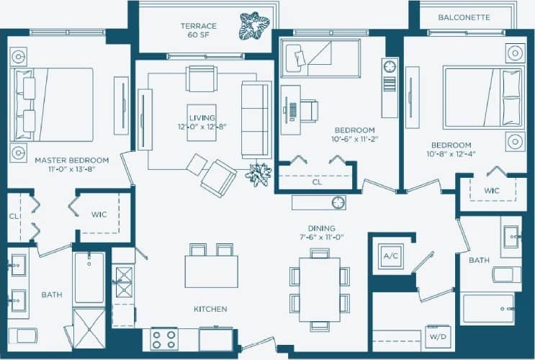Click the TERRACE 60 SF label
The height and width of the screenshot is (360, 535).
[x=198, y=30]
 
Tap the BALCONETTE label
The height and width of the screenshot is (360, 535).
[x=464, y=17]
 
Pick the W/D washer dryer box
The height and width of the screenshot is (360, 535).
[x=436, y=336]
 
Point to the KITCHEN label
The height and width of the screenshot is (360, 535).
[x=210, y=309]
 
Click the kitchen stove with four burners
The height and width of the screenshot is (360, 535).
[x=163, y=338]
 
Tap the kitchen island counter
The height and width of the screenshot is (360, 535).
[x=211, y=271]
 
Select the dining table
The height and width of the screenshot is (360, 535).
[x=319, y=289]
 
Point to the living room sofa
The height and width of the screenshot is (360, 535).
[x=256, y=120]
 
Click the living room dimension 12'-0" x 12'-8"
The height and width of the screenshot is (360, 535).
[x=202, y=127]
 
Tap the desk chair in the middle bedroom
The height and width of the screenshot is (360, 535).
[x=308, y=111]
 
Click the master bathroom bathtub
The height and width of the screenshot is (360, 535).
[x=89, y=278]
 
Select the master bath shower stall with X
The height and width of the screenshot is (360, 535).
[x=89, y=328]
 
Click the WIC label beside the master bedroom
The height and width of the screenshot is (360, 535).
[x=99, y=215]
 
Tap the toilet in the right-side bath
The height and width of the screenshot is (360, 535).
[x=506, y=274]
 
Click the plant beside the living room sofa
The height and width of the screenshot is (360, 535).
[x=258, y=174]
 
